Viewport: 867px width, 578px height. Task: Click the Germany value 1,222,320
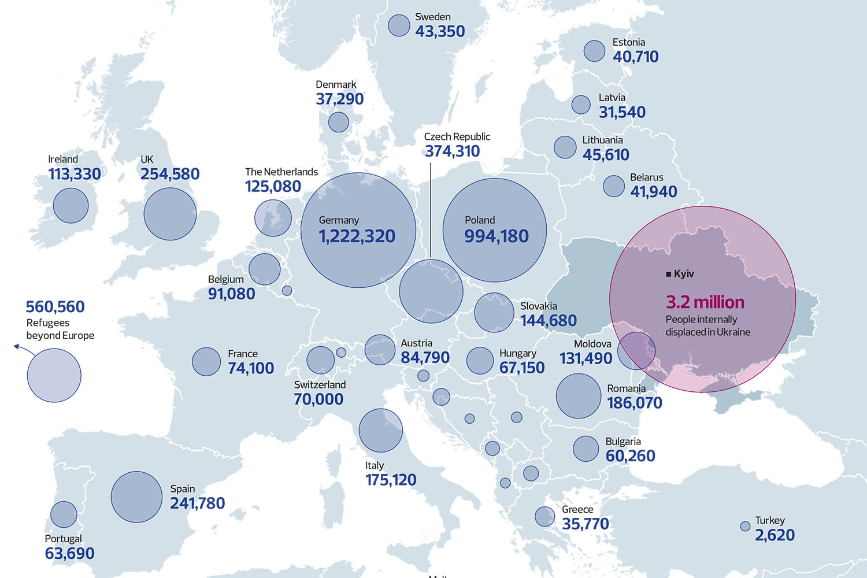(x=357, y=236)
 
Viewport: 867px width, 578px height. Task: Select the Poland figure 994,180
(x=497, y=236)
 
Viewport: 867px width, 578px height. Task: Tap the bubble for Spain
(x=136, y=497)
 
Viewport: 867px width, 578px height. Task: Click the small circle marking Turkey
(x=746, y=527)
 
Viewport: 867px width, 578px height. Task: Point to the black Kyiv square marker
(x=669, y=274)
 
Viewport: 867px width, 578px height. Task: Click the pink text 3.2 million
(x=705, y=302)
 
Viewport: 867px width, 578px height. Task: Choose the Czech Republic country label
(x=457, y=137)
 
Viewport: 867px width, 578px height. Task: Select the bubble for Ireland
(x=71, y=205)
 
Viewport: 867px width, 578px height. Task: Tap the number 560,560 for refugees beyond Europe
(x=55, y=307)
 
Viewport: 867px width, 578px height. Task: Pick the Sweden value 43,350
(x=440, y=32)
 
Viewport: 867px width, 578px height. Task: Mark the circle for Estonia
(x=594, y=51)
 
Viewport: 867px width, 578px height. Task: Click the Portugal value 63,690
(x=69, y=554)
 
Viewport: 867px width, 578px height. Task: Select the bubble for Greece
(x=544, y=516)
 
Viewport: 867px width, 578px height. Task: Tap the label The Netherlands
(x=281, y=172)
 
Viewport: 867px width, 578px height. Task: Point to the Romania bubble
(x=579, y=396)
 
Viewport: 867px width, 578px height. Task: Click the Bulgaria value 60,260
(x=630, y=456)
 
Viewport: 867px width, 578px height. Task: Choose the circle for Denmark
(x=339, y=122)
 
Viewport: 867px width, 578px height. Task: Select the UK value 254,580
(x=170, y=174)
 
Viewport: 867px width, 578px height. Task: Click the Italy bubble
(x=380, y=431)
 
